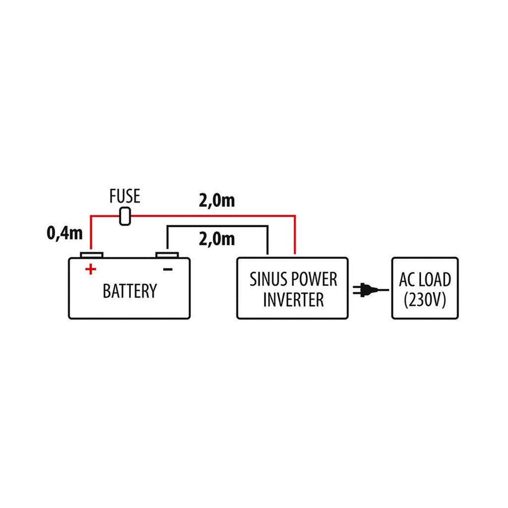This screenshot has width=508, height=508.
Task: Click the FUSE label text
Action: pyautogui.click(x=125, y=196)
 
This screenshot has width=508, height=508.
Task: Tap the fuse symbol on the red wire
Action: pyautogui.click(x=126, y=216)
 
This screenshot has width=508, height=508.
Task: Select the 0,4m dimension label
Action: pyautogui.click(x=64, y=233)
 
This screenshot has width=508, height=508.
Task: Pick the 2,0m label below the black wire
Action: pyautogui.click(x=216, y=239)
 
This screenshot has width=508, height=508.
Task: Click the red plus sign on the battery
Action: pyautogui.click(x=90, y=269)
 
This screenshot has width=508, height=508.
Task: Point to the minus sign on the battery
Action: pyautogui.click(x=168, y=269)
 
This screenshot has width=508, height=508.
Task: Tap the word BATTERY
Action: pyautogui.click(x=129, y=291)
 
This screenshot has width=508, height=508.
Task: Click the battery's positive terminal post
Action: pyautogui.click(x=91, y=255)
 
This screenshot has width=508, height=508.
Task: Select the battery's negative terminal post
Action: pyautogui.click(x=167, y=255)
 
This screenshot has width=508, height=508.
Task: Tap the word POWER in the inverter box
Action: pyautogui.click(x=314, y=279)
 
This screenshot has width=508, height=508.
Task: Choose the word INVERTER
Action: pyautogui.click(x=293, y=300)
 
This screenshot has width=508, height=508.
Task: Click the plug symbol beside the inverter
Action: pyautogui.click(x=365, y=290)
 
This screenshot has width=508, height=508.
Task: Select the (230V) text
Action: pyautogui.click(x=425, y=300)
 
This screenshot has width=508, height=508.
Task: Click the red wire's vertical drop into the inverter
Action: pyautogui.click(x=295, y=236)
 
